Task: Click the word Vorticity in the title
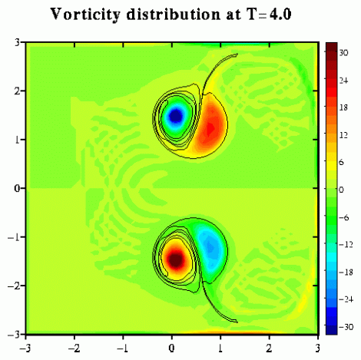pos(85,15)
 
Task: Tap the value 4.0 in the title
pos(280,15)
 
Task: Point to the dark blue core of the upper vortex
pos(176,116)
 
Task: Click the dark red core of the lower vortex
pos(176,259)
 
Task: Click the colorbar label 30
pos(343,53)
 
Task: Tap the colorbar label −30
pos(346,327)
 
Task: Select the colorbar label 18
pos(343,107)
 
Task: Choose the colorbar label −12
pos(346,245)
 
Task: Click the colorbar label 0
pos(341,190)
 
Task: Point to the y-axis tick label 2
pos(17,91)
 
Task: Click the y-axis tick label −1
pos(14,237)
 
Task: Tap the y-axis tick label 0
pos(17,189)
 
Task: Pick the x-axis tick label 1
pos(220,348)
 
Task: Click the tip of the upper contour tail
pos(237,54)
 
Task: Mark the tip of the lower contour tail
pos(237,322)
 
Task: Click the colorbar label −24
pos(346,299)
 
